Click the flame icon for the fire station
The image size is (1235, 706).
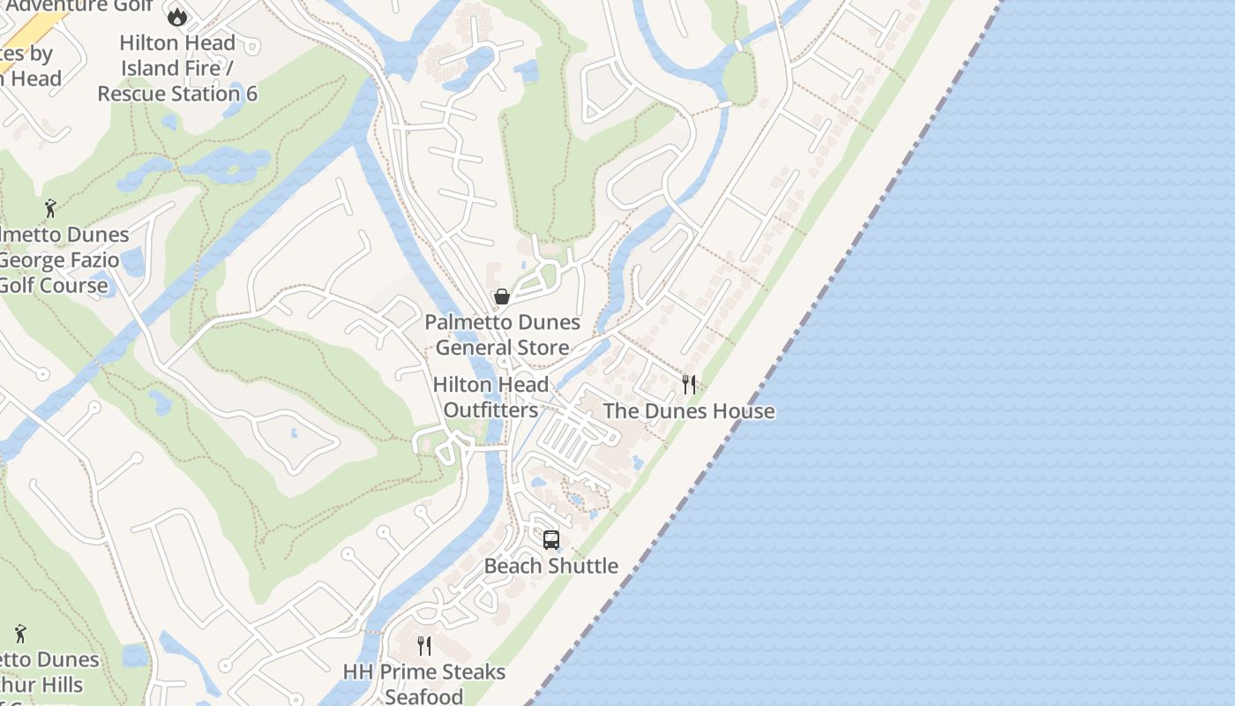point(177,16)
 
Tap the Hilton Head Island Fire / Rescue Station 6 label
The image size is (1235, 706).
point(177,68)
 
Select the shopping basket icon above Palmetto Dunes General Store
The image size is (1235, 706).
point(502,297)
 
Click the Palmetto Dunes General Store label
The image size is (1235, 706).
point(503,334)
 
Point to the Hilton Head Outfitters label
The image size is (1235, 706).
point(490,397)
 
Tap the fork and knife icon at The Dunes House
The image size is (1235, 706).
point(689,385)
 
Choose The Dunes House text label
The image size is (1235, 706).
point(689,411)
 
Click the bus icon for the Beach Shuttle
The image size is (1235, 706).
point(551,539)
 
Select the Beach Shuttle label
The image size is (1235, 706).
point(551,566)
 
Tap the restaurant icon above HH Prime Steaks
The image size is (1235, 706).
point(424,646)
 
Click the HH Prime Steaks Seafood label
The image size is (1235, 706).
point(424,684)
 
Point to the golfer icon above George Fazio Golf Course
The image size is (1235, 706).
point(50,209)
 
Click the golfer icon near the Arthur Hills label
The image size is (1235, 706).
point(21,634)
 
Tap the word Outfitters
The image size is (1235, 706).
point(490,410)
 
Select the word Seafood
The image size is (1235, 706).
point(424,696)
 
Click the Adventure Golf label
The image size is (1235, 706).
point(79,5)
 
